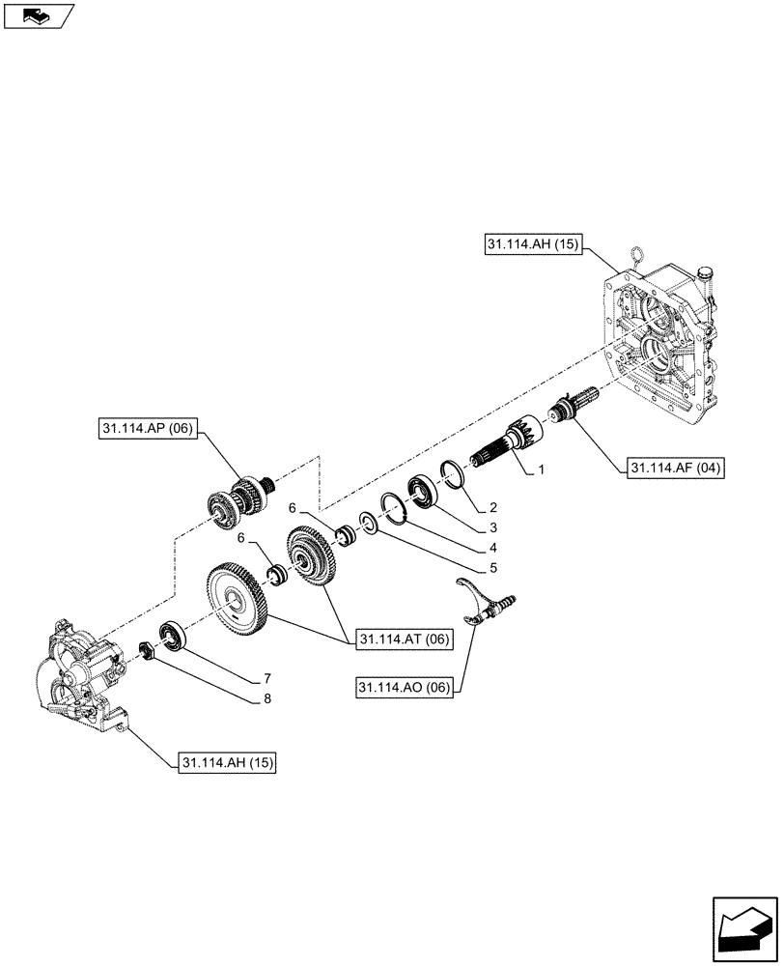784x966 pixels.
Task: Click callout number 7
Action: coord(265,678)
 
